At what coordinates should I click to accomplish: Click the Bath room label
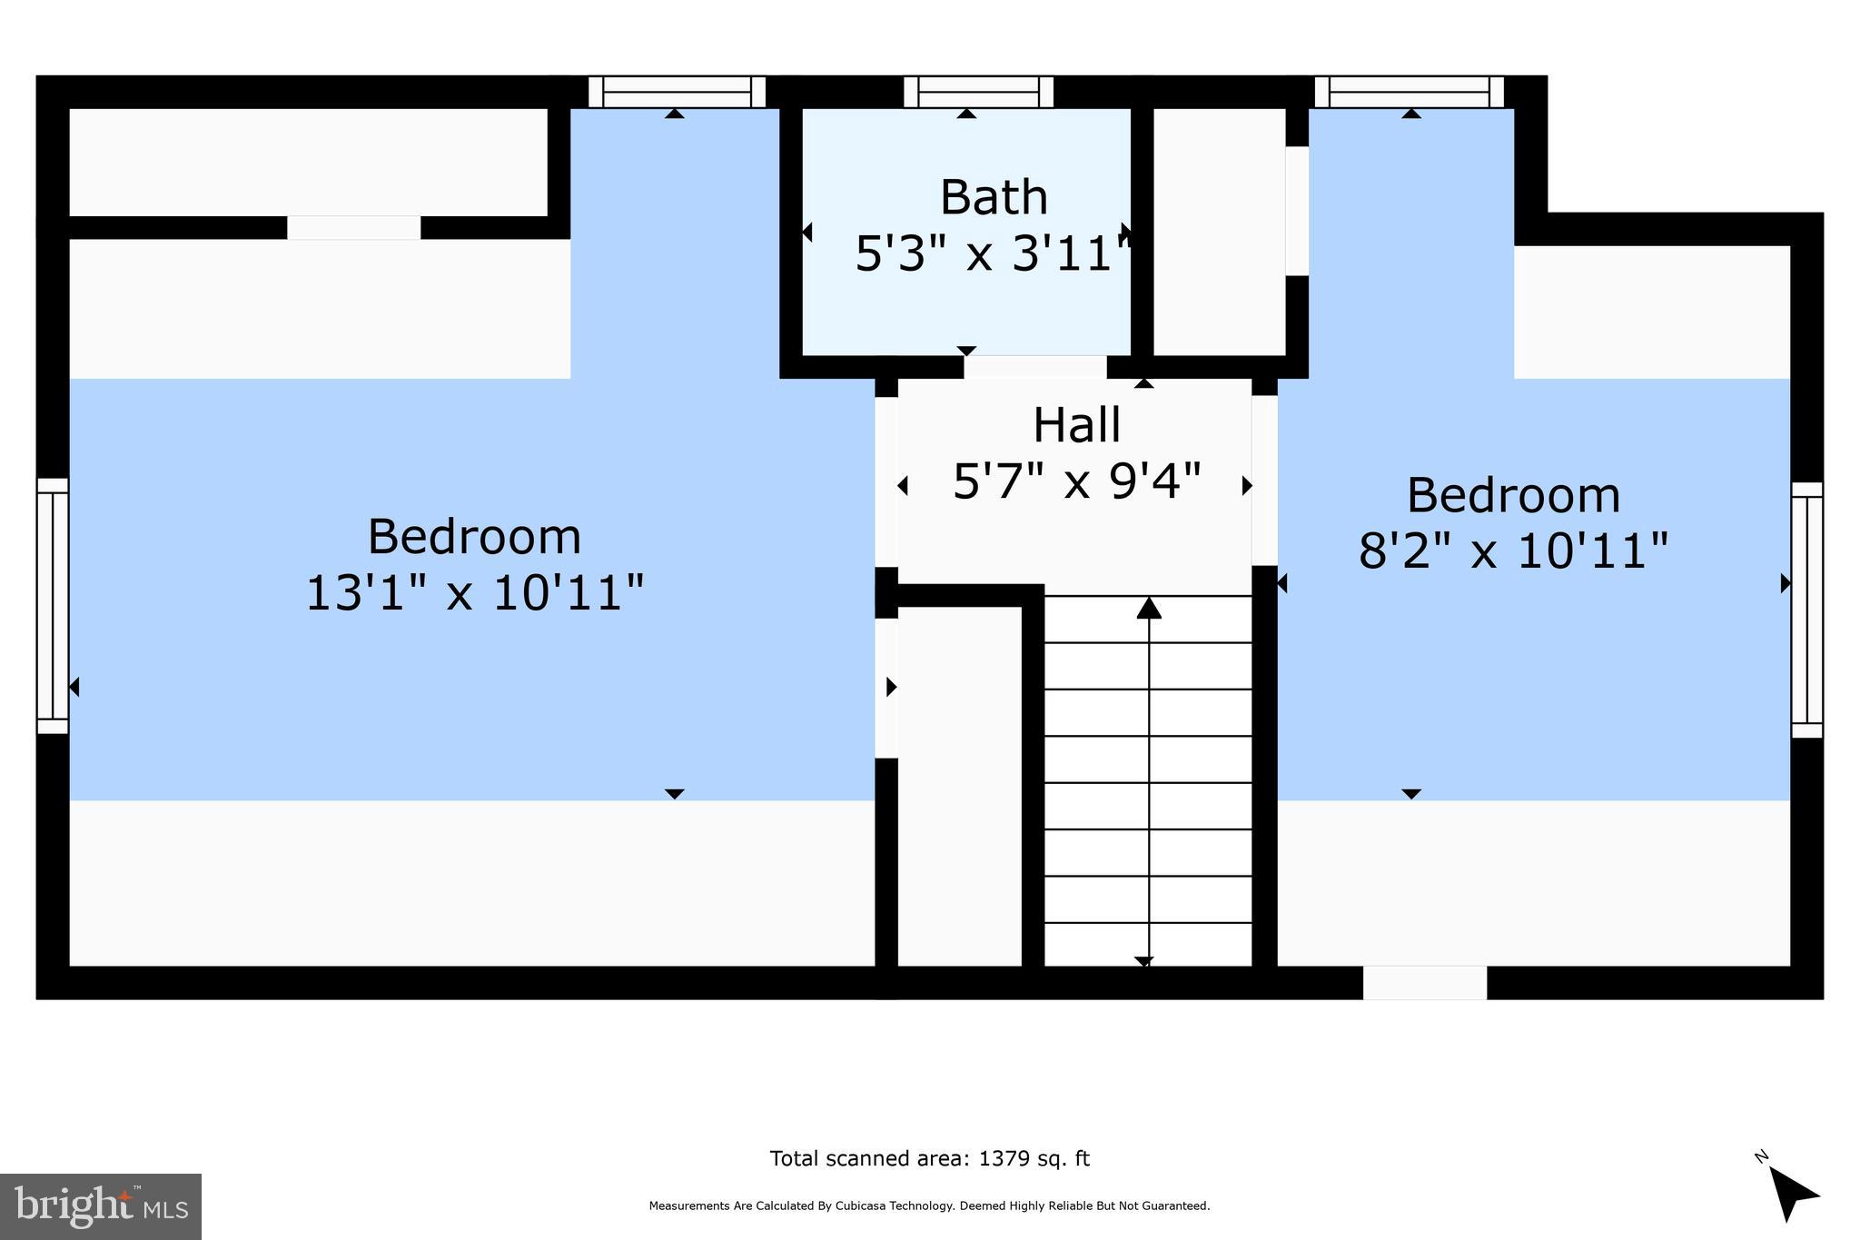coord(993,197)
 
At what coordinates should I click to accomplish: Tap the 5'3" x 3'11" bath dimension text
coord(993,253)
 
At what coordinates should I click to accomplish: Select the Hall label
coord(1076,425)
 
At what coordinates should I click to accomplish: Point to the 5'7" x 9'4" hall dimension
coord(1076,481)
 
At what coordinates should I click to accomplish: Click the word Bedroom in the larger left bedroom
coord(474,536)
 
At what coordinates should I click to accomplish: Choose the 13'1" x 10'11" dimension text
coord(474,593)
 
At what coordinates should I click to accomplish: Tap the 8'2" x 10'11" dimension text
coord(1513,551)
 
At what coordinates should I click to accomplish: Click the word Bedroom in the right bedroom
coord(1513,495)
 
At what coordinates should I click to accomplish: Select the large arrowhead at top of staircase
coord(1149,608)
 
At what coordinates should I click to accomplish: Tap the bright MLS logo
coord(101,1206)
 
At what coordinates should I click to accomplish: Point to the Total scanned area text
coord(929,1158)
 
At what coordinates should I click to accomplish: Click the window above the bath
coord(978,92)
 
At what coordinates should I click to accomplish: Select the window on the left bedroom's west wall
coord(52,606)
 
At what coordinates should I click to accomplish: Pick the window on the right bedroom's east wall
coord(1806,610)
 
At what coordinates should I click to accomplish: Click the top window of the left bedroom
coord(677,92)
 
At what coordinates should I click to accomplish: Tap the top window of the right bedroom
coord(1409,92)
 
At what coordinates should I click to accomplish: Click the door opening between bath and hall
coord(1034,367)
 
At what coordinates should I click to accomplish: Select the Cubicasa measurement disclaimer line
coord(929,1206)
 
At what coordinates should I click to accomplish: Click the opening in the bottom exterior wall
coord(1424,983)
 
